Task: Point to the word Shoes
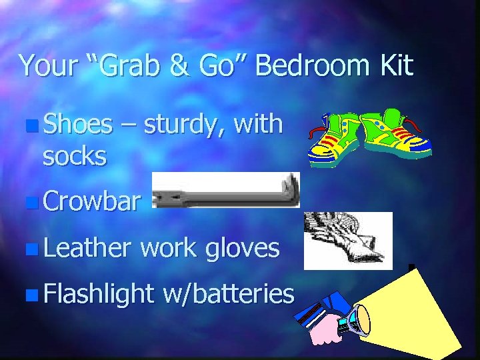[77, 124]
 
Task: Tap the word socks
[74, 156]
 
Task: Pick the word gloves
[242, 249]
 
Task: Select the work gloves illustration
[347, 241]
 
